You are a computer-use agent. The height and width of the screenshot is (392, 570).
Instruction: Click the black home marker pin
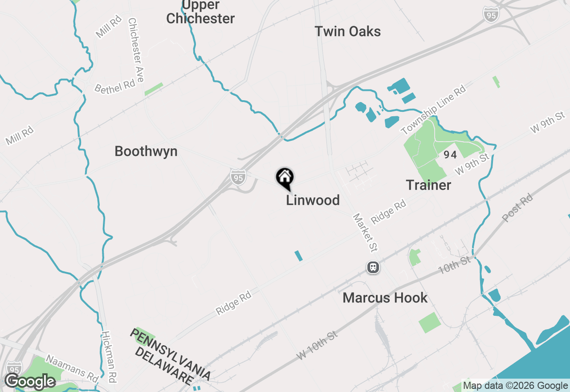click(x=285, y=178)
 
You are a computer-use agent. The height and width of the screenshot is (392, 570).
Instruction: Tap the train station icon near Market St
click(x=373, y=267)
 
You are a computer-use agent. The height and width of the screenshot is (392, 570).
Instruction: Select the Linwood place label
click(x=313, y=200)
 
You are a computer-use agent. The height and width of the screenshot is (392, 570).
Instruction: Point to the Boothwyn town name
click(x=146, y=151)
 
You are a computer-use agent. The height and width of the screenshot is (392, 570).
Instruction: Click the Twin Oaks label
click(x=347, y=32)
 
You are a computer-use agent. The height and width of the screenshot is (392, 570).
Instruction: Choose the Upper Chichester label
click(x=200, y=12)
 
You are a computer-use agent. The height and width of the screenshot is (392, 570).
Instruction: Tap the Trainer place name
click(x=428, y=185)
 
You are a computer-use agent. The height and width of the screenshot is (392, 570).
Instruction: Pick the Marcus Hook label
click(x=385, y=298)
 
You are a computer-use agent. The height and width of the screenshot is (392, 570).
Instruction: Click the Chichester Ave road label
click(x=136, y=50)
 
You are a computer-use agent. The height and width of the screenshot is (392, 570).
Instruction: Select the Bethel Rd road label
click(x=114, y=86)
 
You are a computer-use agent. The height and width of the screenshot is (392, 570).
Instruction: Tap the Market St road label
click(x=365, y=232)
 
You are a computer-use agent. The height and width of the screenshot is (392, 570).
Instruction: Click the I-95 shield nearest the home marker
click(x=238, y=178)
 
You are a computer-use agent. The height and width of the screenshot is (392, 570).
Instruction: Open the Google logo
click(x=30, y=381)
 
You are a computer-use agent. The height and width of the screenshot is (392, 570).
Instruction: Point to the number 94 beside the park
click(x=450, y=155)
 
